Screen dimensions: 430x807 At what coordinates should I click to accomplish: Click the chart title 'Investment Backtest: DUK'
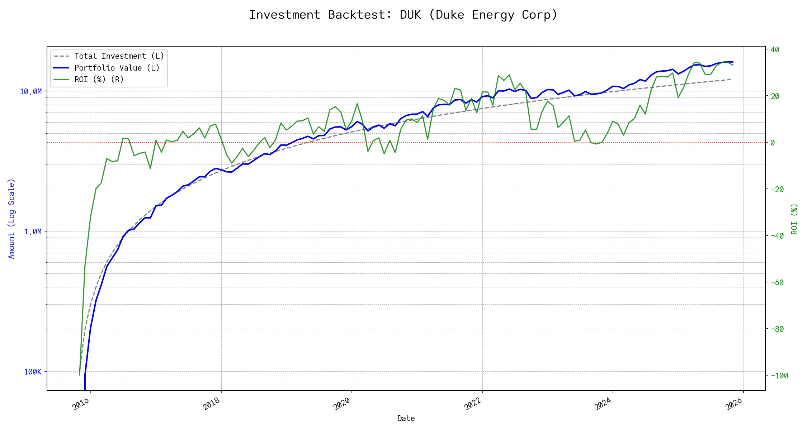point(403,15)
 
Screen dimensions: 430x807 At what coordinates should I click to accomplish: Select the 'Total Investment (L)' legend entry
point(119,56)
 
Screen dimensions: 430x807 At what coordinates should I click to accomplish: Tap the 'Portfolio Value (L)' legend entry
point(117,68)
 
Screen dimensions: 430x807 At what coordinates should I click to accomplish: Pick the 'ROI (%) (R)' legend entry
point(99,80)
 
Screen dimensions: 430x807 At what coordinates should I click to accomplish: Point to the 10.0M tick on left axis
point(30,92)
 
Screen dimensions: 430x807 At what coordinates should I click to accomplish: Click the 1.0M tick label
point(33,232)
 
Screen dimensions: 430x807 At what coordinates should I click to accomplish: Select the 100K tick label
point(33,372)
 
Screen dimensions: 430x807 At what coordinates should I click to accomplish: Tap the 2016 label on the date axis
point(81,404)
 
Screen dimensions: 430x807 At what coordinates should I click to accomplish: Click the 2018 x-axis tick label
point(212,404)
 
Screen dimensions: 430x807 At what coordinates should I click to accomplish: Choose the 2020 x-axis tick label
point(342,404)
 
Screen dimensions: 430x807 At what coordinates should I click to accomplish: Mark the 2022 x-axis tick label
point(473,404)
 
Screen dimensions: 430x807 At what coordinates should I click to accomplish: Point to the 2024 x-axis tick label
point(603,404)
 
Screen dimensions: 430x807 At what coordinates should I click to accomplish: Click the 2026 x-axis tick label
point(734,404)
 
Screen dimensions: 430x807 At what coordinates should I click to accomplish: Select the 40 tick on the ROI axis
point(775,49)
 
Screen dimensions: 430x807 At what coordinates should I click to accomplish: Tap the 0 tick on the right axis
point(773,143)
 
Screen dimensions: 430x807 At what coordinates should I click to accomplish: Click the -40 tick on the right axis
point(777,236)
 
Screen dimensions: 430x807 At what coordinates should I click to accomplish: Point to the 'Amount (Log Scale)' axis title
point(11,219)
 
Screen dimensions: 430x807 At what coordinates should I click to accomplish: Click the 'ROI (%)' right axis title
point(794,219)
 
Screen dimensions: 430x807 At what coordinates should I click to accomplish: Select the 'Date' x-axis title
point(406,419)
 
